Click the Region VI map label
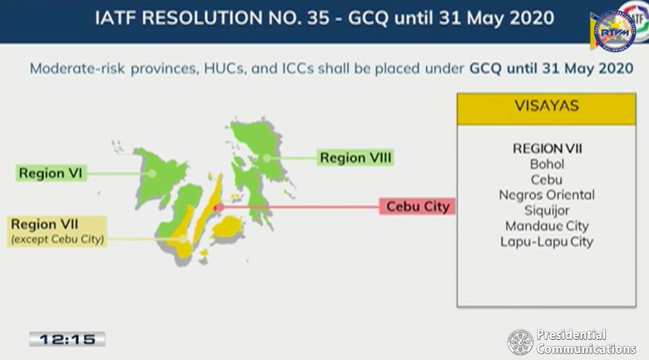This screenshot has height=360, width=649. pos(51,173)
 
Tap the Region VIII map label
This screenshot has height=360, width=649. pos(355,158)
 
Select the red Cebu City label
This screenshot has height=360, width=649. pos(417,206)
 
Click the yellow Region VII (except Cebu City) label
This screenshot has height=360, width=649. pos(57,231)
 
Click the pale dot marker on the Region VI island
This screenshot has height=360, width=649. pos(152,173)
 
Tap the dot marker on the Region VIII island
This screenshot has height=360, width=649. pos(267,158)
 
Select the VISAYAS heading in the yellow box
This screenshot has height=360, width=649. pos(547,106)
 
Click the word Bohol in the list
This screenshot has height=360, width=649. pos(547,164)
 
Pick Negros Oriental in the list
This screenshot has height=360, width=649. pos(547,195)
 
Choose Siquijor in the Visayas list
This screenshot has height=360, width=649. pos(547,211)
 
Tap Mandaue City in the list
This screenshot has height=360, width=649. pos(547,226)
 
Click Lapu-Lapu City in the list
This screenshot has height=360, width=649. pos(547,242)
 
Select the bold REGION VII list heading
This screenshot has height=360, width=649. pos(547,148)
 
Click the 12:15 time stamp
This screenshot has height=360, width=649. pos(67,339)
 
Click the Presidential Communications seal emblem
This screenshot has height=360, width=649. pos(520,342)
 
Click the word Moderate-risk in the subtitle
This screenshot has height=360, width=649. pos(78,68)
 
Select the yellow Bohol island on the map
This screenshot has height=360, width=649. pos(228,227)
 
